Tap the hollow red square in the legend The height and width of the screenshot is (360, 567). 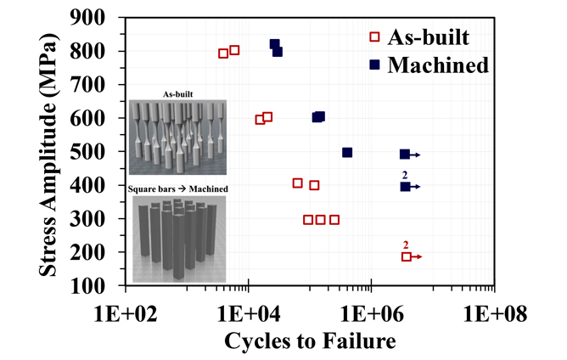point(374,37)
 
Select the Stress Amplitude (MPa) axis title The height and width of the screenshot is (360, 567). point(51,151)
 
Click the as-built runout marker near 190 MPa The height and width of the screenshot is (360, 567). point(407,256)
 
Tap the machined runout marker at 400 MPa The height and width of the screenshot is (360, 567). point(406,186)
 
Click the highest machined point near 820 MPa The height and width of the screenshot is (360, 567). point(274,44)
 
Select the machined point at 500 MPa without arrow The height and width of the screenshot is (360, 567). point(347,153)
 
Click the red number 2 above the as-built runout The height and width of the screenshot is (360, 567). point(407,245)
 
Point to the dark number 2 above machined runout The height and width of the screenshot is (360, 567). point(406,174)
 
